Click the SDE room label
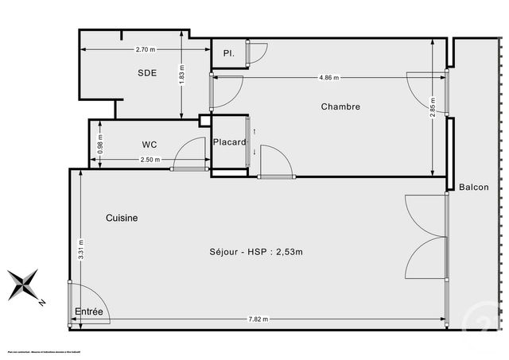[x=146, y=72]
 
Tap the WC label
[x=149, y=145]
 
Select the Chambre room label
[x=340, y=106]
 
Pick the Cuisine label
[x=122, y=218]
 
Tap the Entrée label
[x=89, y=312]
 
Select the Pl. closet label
[x=228, y=54]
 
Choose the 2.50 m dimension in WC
[x=150, y=160]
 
